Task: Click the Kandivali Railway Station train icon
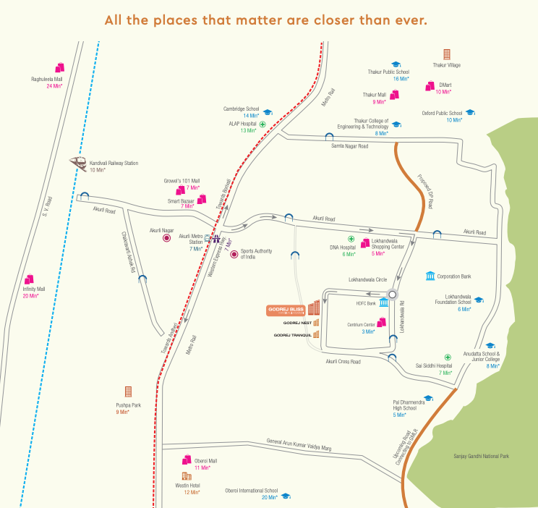tap(77, 162)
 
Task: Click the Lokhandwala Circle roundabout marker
tap(393, 295)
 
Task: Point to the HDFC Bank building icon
tap(383, 302)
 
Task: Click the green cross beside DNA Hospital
tap(351, 239)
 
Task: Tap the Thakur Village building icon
tap(447, 54)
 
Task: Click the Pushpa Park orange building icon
tap(129, 391)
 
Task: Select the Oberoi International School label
tap(251, 490)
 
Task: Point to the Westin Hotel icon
tap(186, 477)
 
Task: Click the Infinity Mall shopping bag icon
tap(30, 279)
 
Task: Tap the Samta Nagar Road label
tap(349, 146)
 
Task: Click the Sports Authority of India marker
tap(234, 254)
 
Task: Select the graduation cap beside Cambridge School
tap(267, 113)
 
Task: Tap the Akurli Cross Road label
tap(343, 361)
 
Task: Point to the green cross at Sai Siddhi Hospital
tap(448, 357)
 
